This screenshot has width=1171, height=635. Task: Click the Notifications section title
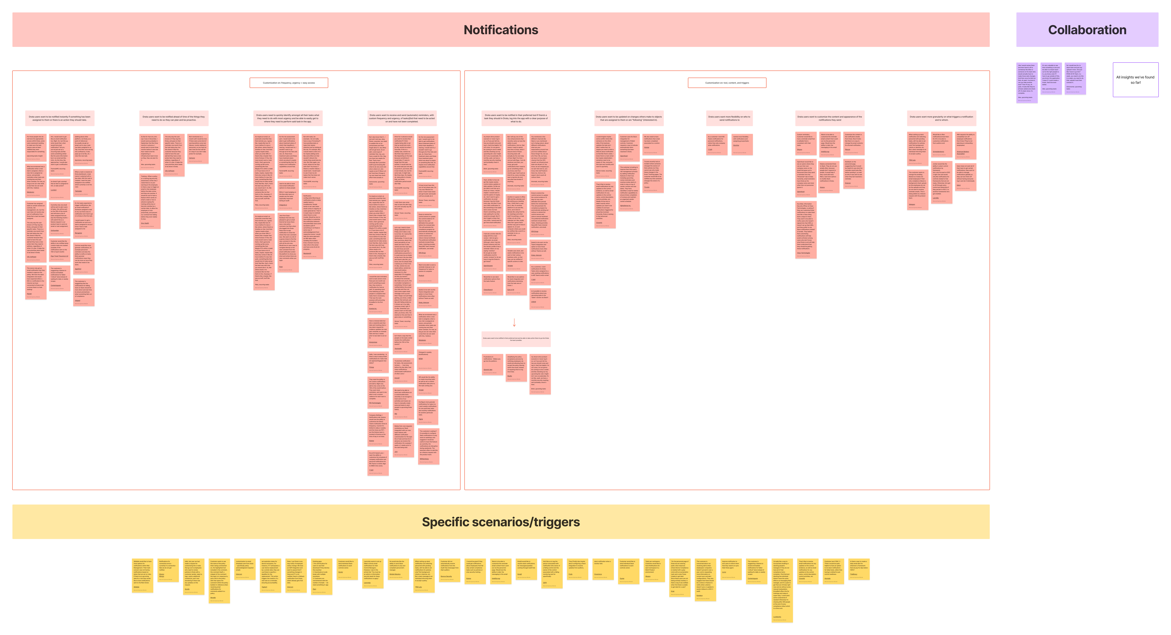click(501, 30)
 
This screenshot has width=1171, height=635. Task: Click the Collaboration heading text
click(1087, 30)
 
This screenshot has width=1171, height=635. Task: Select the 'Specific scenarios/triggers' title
click(501, 522)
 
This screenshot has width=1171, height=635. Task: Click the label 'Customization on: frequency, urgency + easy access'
click(289, 83)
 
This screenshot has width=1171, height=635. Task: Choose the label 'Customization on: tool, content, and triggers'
click(727, 83)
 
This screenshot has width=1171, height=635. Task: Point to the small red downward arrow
click(514, 322)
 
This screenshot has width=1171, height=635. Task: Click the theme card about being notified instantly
click(60, 118)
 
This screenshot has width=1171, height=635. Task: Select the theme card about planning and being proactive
click(174, 118)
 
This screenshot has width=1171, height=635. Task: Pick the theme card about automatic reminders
click(402, 118)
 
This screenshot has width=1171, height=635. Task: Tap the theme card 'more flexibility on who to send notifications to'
click(729, 118)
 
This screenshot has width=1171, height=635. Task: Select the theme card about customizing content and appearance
click(830, 118)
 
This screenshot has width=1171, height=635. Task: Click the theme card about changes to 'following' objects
click(629, 118)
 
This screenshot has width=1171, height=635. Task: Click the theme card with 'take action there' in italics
click(516, 339)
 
